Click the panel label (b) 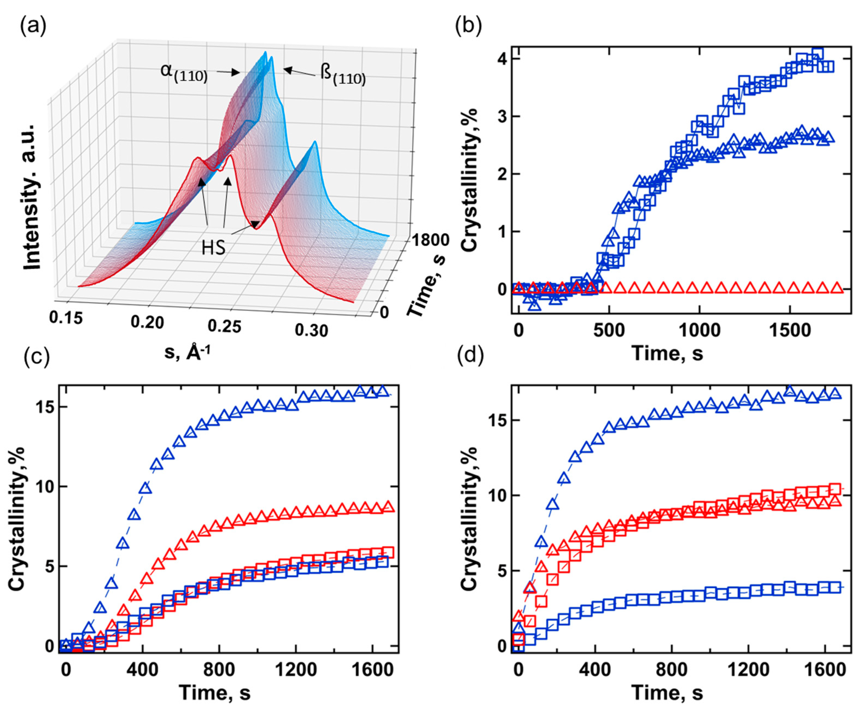click(x=468, y=26)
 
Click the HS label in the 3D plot click(x=214, y=247)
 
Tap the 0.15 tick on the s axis click(x=66, y=318)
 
